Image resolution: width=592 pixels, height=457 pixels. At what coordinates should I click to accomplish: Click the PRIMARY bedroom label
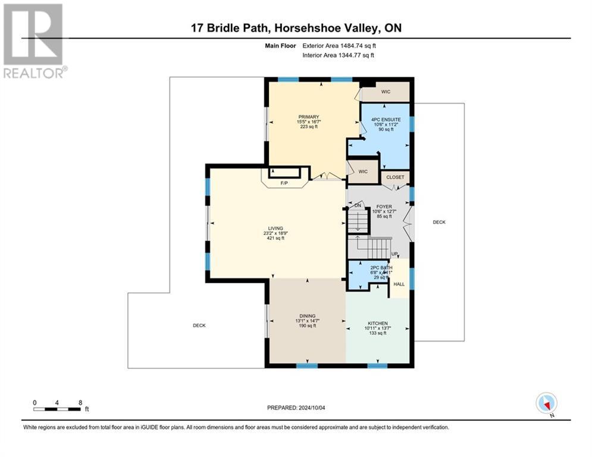point(309,117)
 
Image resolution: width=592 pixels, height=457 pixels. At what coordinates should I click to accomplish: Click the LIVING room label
point(275,227)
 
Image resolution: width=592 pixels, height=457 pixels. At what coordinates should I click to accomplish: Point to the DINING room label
point(307,316)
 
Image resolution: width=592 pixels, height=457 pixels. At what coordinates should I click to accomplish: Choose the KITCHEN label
point(377,323)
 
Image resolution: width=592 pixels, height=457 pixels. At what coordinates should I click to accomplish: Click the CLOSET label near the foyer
point(395,177)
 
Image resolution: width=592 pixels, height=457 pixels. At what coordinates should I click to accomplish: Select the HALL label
point(399,284)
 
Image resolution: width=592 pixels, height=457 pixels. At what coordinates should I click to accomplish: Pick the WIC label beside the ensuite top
point(386,92)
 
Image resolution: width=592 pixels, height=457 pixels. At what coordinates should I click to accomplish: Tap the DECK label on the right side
point(439,222)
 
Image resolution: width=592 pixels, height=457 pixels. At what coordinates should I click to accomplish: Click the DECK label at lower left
point(199,325)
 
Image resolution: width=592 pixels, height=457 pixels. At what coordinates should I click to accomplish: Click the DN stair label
point(358,205)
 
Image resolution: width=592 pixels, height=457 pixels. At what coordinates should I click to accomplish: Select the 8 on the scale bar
point(80,402)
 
